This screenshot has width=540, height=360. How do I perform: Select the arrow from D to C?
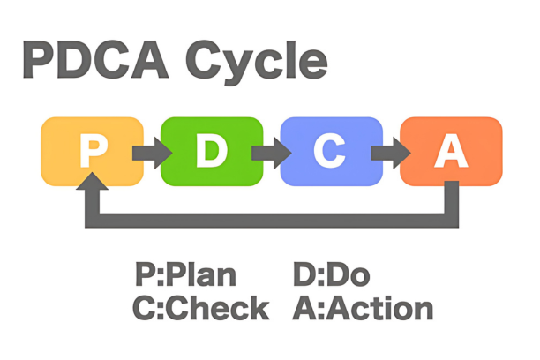pyautogui.click(x=266, y=152)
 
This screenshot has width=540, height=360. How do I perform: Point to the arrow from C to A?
pyautogui.click(x=385, y=152)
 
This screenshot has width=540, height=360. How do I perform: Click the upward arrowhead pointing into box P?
pyautogui.click(x=92, y=181)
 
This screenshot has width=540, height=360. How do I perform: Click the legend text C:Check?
pyautogui.click(x=201, y=309)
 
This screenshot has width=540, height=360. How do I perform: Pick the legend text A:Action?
pyautogui.click(x=362, y=309)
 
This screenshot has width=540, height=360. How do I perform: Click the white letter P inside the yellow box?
pyautogui.click(x=92, y=152)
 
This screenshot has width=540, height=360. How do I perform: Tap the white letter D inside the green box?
pyautogui.click(x=212, y=152)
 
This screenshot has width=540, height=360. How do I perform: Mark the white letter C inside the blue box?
pyautogui.click(x=330, y=152)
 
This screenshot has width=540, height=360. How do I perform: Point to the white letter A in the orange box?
pyautogui.click(x=450, y=152)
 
